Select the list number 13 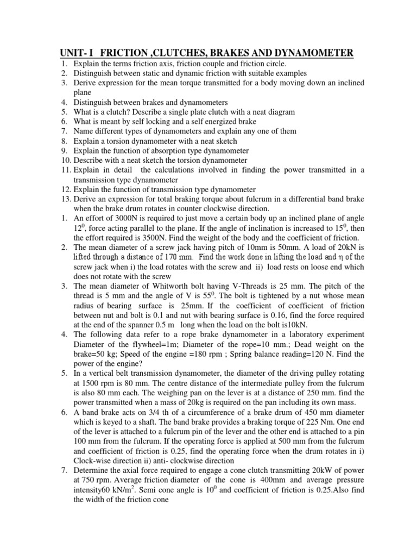(65, 199)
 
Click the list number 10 (65, 160)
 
